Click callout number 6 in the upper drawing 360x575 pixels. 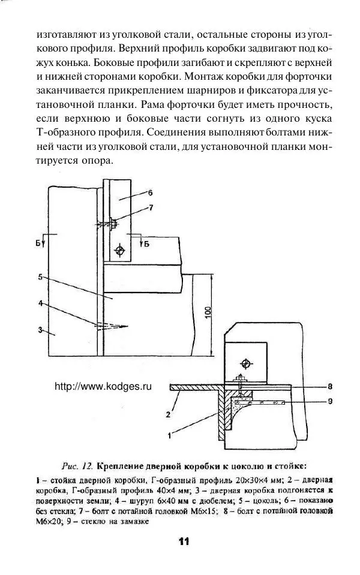click(150, 193)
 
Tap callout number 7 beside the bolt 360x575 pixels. click(151, 208)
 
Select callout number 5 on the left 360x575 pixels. click(40, 277)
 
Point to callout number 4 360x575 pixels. click(40, 303)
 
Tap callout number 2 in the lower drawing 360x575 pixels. click(169, 413)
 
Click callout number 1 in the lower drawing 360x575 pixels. click(170, 432)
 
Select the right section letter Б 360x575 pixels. click(146, 243)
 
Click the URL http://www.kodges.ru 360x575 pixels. click(103, 387)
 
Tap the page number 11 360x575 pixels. click(184, 541)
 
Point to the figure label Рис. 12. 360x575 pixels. click(77, 465)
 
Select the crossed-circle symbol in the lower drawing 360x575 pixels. click(244, 363)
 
